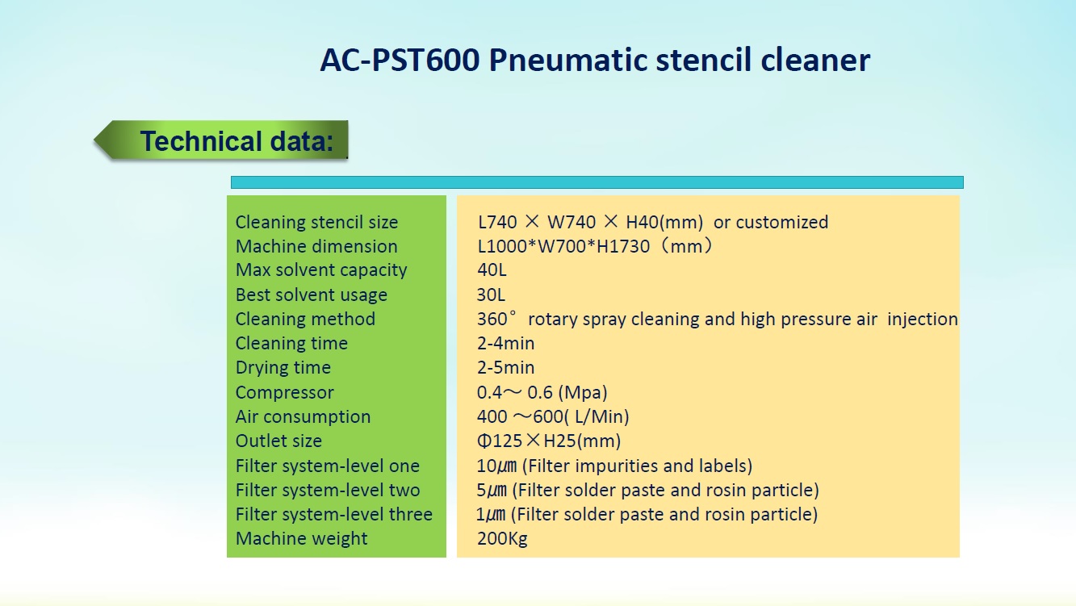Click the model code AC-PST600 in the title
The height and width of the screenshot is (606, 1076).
(x=400, y=60)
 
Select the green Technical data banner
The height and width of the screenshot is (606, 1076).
(x=221, y=140)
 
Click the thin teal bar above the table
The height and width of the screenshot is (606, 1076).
(x=597, y=182)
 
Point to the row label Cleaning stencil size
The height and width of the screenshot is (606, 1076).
(x=316, y=223)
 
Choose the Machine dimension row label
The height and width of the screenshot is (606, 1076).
(x=316, y=246)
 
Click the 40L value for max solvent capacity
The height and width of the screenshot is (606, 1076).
(x=492, y=270)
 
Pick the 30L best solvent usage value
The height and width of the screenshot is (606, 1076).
(x=491, y=295)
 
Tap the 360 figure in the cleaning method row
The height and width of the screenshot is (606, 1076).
(x=492, y=319)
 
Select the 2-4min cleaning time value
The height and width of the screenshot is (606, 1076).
(x=505, y=343)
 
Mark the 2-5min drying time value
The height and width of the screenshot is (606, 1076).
(x=505, y=368)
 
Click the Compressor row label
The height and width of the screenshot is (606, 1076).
(x=284, y=393)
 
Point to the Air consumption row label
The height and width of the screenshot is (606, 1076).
(x=304, y=417)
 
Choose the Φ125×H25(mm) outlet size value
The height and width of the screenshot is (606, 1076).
(x=549, y=441)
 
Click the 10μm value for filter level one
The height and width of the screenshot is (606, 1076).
(x=496, y=466)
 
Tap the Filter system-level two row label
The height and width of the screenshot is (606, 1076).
(x=328, y=491)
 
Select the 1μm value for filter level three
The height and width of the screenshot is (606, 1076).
(x=491, y=514)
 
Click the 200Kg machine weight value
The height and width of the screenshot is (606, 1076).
(x=502, y=539)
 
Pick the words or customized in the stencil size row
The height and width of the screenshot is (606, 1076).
(x=771, y=223)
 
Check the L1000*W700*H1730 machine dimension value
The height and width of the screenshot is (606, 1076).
(x=563, y=246)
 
